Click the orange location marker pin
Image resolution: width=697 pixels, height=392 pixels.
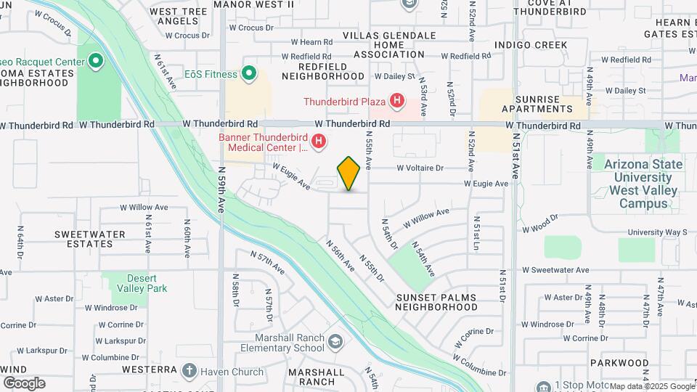(348, 173)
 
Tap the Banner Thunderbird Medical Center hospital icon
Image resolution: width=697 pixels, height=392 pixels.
(317, 140)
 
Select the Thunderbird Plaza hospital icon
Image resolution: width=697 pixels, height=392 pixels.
(396, 101)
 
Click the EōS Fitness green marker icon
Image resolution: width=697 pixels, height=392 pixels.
(249, 73)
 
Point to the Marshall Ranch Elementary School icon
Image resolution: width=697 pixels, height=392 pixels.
(335, 340)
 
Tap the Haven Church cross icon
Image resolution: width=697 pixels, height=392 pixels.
(189, 372)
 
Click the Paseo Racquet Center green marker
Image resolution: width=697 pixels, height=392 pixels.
(96, 61)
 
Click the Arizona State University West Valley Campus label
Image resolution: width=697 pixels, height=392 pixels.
(647, 184)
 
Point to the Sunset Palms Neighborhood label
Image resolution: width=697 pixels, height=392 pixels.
(436, 302)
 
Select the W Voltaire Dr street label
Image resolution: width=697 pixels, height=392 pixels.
(420, 168)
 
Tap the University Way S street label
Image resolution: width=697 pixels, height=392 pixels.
(657, 232)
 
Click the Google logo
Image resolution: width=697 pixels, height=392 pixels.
(24, 383)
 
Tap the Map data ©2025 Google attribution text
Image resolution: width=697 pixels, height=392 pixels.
(651, 386)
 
